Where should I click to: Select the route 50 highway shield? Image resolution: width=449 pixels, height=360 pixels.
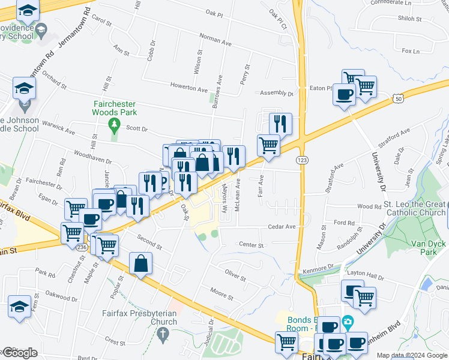(398, 98)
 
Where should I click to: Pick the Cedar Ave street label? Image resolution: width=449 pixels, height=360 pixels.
(282, 227)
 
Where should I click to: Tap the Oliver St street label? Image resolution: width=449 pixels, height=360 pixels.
(236, 277)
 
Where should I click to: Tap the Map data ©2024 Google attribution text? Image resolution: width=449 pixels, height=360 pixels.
(411, 356)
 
